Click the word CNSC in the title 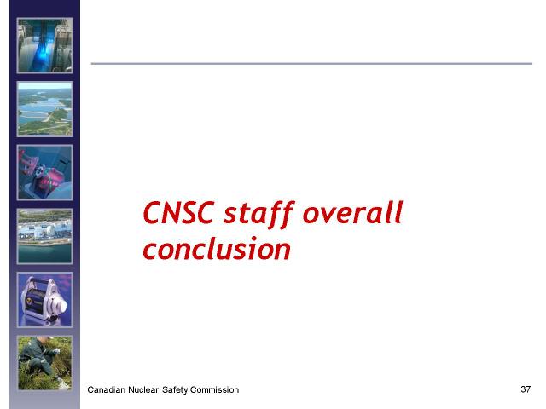pos(178,212)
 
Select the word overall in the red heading pos(352,212)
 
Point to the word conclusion pos(217,248)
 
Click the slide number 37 pos(526,389)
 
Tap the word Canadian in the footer pos(106,390)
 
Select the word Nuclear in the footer pos(142,390)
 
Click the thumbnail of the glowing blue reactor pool pos(45,45)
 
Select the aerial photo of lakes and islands pos(45,109)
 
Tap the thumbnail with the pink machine pos(45,172)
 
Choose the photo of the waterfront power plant pos(45,236)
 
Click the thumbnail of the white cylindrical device pos(45,300)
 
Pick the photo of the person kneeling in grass pos(45,363)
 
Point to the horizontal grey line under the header pos(311,64)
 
